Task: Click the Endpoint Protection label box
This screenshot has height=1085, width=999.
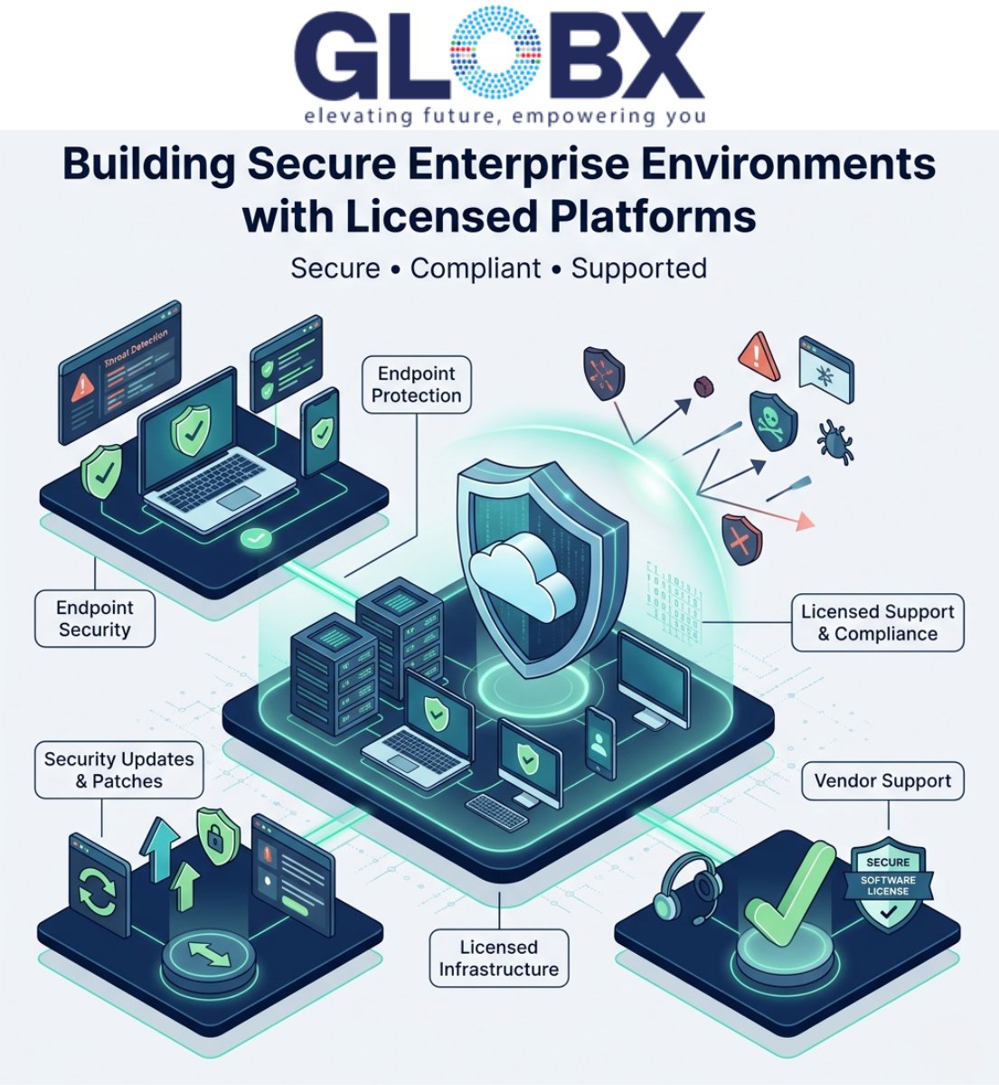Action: click(x=417, y=384)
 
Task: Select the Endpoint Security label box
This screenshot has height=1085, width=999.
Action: click(x=95, y=618)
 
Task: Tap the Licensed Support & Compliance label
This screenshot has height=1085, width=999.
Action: click(x=877, y=622)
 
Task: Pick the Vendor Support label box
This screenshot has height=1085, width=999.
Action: click(x=882, y=781)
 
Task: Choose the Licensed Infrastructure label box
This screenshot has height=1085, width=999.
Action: click(x=498, y=958)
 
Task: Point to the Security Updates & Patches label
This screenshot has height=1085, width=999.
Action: click(x=119, y=769)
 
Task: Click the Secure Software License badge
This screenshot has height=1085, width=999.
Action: click(x=888, y=887)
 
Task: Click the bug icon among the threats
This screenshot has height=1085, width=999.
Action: click(x=834, y=439)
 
